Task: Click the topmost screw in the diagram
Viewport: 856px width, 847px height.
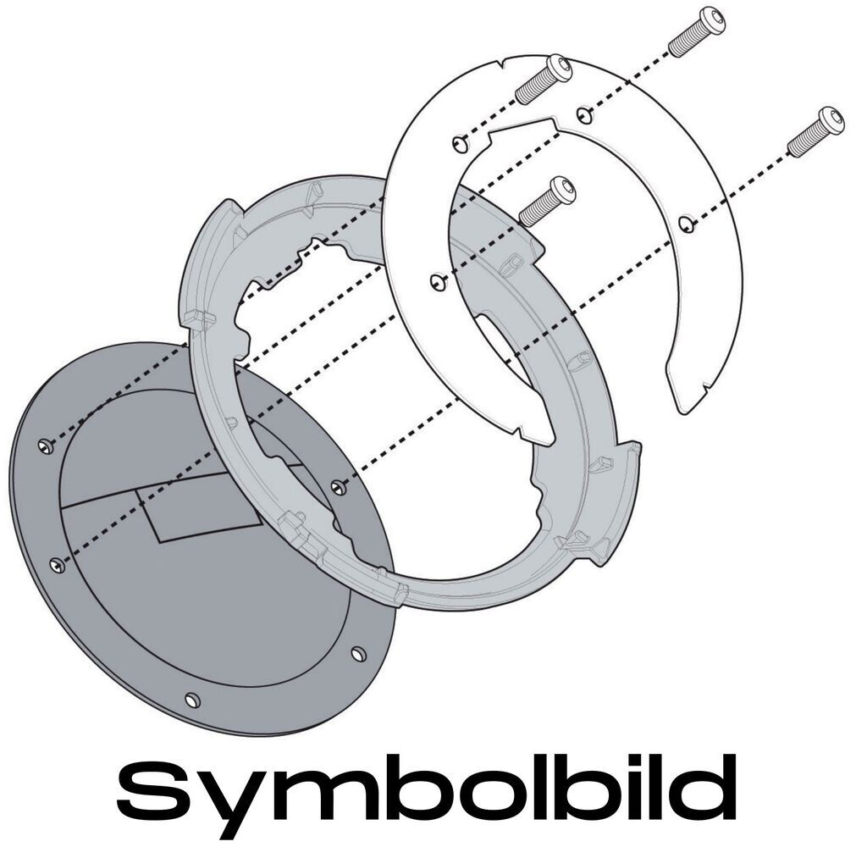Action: click(698, 30)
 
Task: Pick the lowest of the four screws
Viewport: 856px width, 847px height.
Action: click(547, 201)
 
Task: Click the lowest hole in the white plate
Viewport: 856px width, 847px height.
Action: click(437, 280)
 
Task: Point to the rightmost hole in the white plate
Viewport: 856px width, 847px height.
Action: click(687, 224)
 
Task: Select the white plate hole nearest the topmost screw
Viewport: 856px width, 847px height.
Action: click(582, 113)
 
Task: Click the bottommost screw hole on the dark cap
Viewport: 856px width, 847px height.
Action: click(191, 700)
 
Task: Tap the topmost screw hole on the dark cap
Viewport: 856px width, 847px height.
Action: click(46, 444)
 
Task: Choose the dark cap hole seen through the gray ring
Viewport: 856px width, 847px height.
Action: click(340, 486)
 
